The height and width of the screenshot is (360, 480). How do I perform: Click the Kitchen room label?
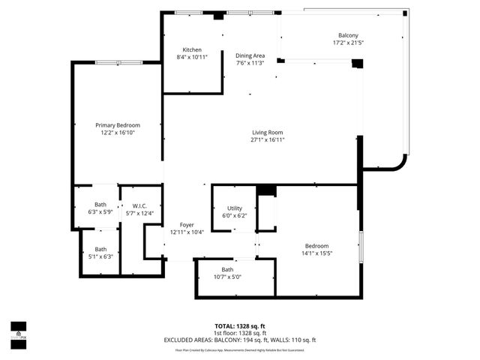(x=182, y=49)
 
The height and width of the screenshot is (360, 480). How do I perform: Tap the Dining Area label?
(x=250, y=55)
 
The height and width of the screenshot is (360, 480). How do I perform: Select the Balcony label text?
(x=348, y=35)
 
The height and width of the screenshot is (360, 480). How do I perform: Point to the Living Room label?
(x=267, y=133)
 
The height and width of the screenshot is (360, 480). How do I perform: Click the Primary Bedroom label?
(x=117, y=125)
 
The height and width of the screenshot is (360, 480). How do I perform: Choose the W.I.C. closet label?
(x=139, y=206)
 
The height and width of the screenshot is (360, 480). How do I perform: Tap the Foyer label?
(x=187, y=225)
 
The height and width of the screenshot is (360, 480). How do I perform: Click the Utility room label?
(x=235, y=208)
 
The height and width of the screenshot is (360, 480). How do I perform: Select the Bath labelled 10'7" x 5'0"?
(x=227, y=270)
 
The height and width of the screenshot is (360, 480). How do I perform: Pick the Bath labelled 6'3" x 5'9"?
(x=100, y=205)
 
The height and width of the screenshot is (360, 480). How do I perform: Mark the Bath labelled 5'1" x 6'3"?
(x=100, y=249)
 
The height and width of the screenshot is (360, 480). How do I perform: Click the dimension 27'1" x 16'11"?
(x=267, y=139)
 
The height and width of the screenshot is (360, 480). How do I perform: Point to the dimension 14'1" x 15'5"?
(x=316, y=253)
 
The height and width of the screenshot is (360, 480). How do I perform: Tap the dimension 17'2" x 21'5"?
(x=348, y=43)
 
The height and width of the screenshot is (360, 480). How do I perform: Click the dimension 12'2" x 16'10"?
(x=117, y=133)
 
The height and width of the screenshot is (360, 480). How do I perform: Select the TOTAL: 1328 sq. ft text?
(x=240, y=326)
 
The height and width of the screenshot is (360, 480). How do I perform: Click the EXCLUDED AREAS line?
(x=240, y=340)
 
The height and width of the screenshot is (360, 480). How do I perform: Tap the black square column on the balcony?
(x=357, y=64)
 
